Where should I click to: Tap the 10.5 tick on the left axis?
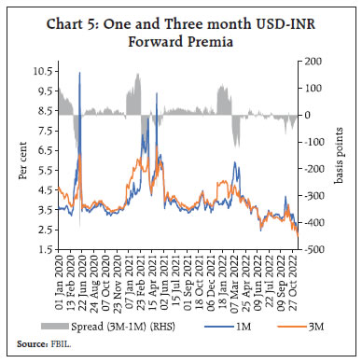pos(42,71)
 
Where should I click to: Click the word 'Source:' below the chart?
pos(27,344)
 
